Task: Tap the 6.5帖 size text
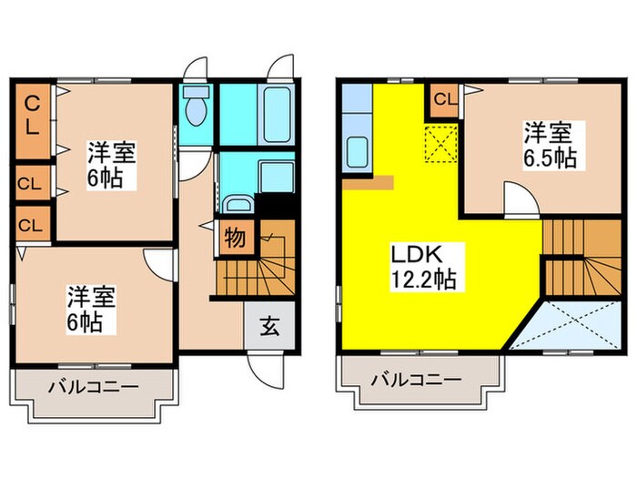click(x=549, y=157)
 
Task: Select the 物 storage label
click(x=234, y=239)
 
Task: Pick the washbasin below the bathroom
click(x=238, y=206)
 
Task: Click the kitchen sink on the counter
click(x=356, y=154)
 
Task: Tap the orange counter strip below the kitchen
click(x=368, y=182)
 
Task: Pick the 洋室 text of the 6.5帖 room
click(x=548, y=133)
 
